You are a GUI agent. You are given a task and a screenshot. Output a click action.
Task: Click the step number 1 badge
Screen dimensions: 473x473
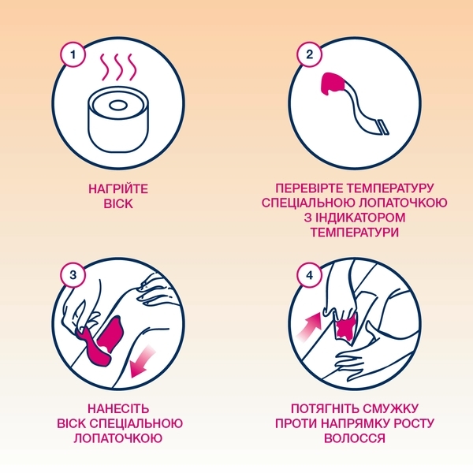[x=73, y=56]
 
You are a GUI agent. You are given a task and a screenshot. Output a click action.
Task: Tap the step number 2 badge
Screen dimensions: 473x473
[x=309, y=56]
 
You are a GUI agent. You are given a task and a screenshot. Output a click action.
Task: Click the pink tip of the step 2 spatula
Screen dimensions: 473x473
[x=336, y=81]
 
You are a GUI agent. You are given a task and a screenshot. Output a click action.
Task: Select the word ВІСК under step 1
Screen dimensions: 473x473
[x=118, y=204]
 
